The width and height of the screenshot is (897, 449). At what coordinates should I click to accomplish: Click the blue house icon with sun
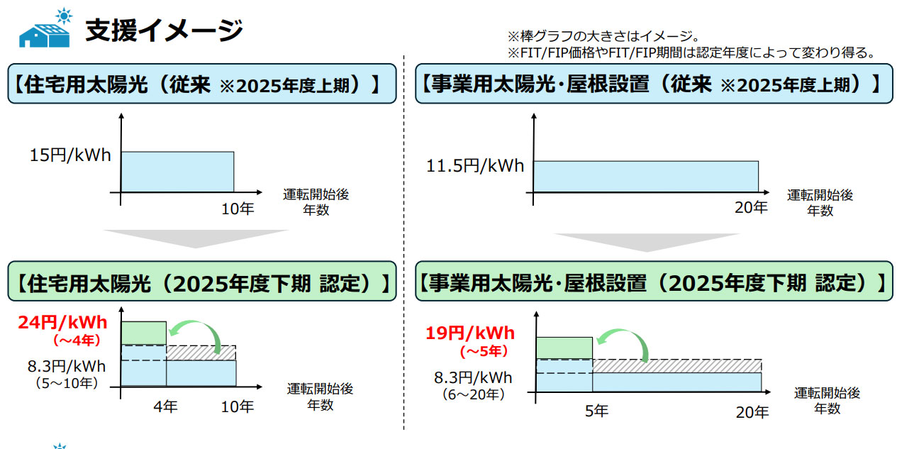click(45, 29)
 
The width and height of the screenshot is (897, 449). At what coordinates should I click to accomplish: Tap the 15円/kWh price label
click(70, 155)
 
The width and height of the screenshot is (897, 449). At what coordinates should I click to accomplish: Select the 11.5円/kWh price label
click(475, 166)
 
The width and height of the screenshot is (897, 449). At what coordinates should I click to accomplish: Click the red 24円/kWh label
click(63, 323)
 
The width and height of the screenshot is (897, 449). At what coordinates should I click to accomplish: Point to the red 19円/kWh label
click(470, 333)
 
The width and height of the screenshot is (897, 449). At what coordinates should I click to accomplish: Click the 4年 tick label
click(165, 406)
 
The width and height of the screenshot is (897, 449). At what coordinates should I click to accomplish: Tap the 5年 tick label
click(596, 411)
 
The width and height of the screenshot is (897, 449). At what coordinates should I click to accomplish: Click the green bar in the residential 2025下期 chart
click(144, 333)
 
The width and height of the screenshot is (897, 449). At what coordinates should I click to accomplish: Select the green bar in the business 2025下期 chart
click(564, 348)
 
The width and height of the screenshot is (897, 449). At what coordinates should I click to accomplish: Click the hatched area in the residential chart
click(201, 353)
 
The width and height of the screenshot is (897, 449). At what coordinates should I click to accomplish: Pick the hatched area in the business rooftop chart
click(676, 366)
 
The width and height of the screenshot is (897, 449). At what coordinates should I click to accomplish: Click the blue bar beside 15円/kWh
click(178, 172)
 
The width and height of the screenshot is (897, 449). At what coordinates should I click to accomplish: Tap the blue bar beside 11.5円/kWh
click(646, 177)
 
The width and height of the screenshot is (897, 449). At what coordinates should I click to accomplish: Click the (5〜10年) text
click(67, 383)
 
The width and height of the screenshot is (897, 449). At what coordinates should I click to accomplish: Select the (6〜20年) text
click(474, 394)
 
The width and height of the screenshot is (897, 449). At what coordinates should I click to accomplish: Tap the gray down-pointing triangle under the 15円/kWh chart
click(196, 238)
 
